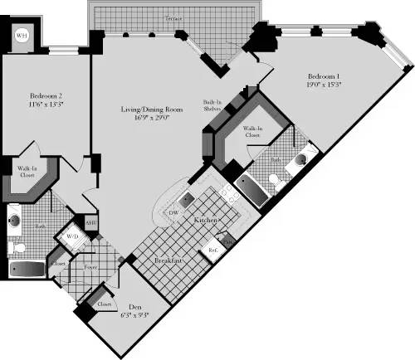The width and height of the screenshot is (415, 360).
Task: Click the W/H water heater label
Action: [x=22, y=36]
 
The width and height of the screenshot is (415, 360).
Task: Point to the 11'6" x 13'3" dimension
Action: [x=40, y=105]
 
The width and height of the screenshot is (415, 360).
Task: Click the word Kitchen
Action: [x=205, y=221]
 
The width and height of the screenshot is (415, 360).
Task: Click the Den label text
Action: [x=134, y=304]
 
